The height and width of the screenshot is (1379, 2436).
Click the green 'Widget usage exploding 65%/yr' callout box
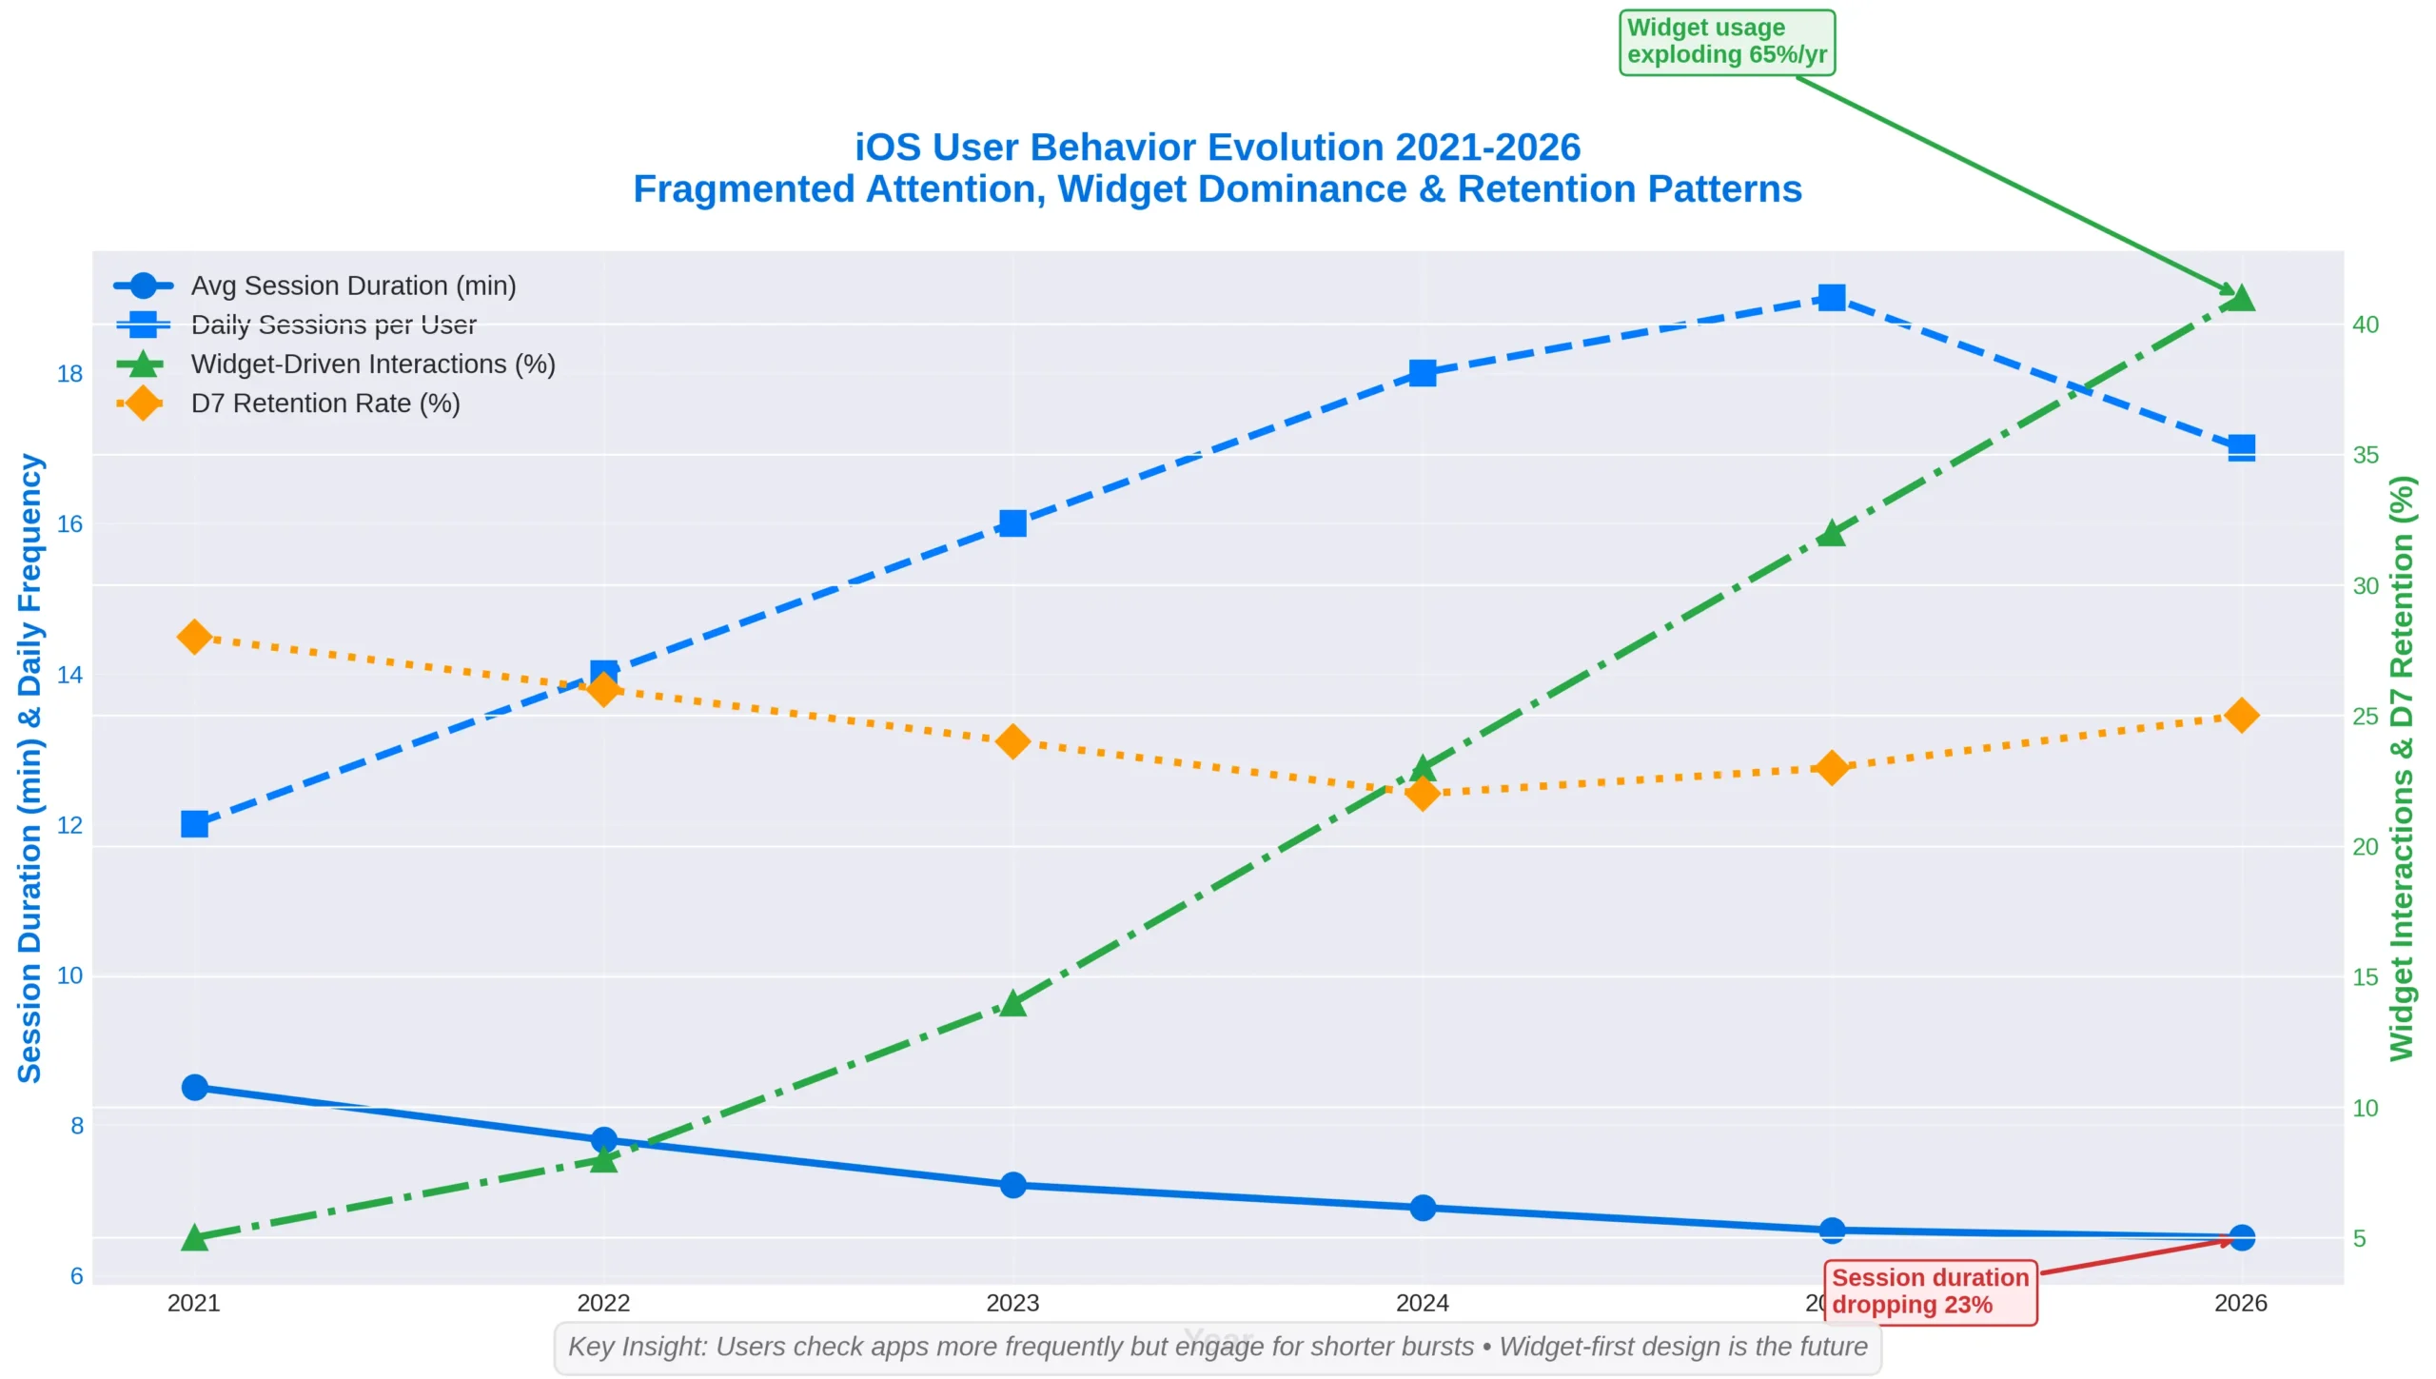click(x=1726, y=42)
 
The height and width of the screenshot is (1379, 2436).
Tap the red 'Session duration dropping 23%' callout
click(x=1930, y=1290)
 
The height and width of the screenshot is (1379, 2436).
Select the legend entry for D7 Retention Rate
click(x=324, y=404)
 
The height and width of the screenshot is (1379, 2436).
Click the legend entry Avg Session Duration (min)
click(x=352, y=286)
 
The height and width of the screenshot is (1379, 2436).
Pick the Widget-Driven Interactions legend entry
click(x=372, y=364)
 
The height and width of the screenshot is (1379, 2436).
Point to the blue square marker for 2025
click(x=1832, y=298)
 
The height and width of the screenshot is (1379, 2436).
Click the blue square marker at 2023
click(x=1012, y=523)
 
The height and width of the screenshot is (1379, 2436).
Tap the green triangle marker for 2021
click(x=194, y=1237)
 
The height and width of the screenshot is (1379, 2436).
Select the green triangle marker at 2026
click(x=2241, y=299)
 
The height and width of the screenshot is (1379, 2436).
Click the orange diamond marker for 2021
click(x=194, y=637)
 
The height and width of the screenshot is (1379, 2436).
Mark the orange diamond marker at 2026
click(x=2241, y=716)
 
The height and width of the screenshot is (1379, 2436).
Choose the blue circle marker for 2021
click(x=194, y=1087)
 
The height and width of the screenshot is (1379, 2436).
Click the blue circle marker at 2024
click(x=1423, y=1208)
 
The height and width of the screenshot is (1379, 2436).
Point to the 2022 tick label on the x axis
click(x=603, y=1303)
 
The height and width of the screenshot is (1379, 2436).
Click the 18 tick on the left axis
click(x=69, y=374)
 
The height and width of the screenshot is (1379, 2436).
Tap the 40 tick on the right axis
click(x=2365, y=325)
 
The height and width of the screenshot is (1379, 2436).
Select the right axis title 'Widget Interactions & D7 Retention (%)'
click(x=2402, y=767)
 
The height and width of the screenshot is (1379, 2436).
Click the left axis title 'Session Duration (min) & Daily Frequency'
click(x=29, y=767)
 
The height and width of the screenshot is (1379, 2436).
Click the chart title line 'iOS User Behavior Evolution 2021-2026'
click(x=1217, y=148)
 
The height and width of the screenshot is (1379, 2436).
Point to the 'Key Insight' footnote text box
click(x=1217, y=1347)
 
